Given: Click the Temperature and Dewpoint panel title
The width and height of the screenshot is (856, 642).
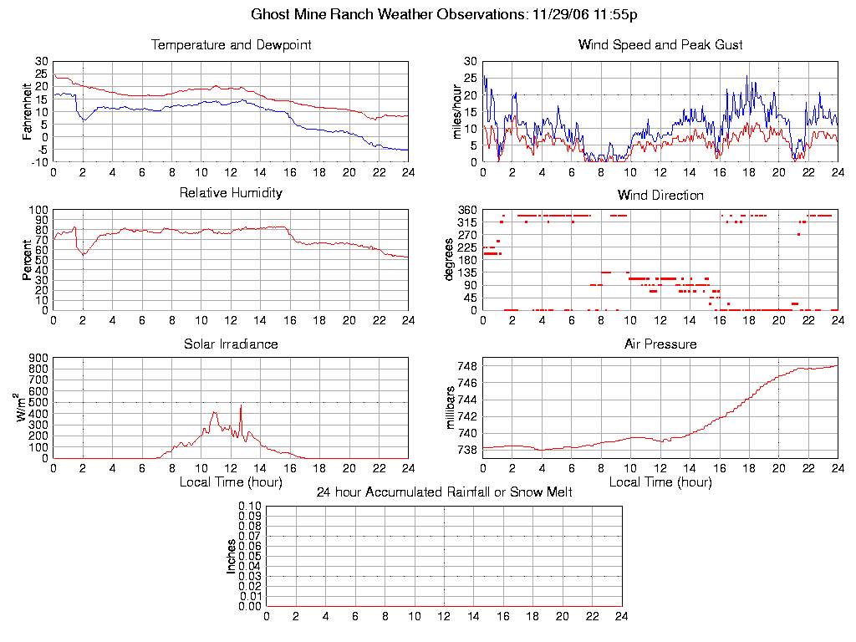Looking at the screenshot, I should [231, 44].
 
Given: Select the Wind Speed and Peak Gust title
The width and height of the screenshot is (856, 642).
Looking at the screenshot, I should [660, 44].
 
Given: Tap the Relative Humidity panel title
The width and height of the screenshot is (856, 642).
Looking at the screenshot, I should [231, 193].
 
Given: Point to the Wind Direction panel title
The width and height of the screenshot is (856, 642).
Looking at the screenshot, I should [660, 195].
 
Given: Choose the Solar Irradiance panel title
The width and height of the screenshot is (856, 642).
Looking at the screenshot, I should [231, 344].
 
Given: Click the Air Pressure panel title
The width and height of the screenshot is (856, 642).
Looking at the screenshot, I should [660, 344].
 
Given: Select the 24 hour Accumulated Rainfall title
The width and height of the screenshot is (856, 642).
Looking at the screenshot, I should [444, 492].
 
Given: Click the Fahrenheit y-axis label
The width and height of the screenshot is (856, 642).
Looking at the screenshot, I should [28, 111].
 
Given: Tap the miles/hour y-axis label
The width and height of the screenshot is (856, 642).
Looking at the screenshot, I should [457, 111].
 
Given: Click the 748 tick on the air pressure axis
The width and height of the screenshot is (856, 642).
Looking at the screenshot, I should [466, 366].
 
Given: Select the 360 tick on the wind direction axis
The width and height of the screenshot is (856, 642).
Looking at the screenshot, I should [466, 210].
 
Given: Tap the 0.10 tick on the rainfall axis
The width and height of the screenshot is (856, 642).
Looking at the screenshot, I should [250, 506].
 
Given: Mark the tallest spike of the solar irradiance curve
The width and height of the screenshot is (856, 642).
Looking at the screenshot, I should [241, 405].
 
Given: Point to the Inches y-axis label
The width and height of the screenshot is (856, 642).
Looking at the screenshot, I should [232, 556].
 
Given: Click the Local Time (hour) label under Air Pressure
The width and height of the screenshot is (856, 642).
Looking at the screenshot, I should [660, 482].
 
